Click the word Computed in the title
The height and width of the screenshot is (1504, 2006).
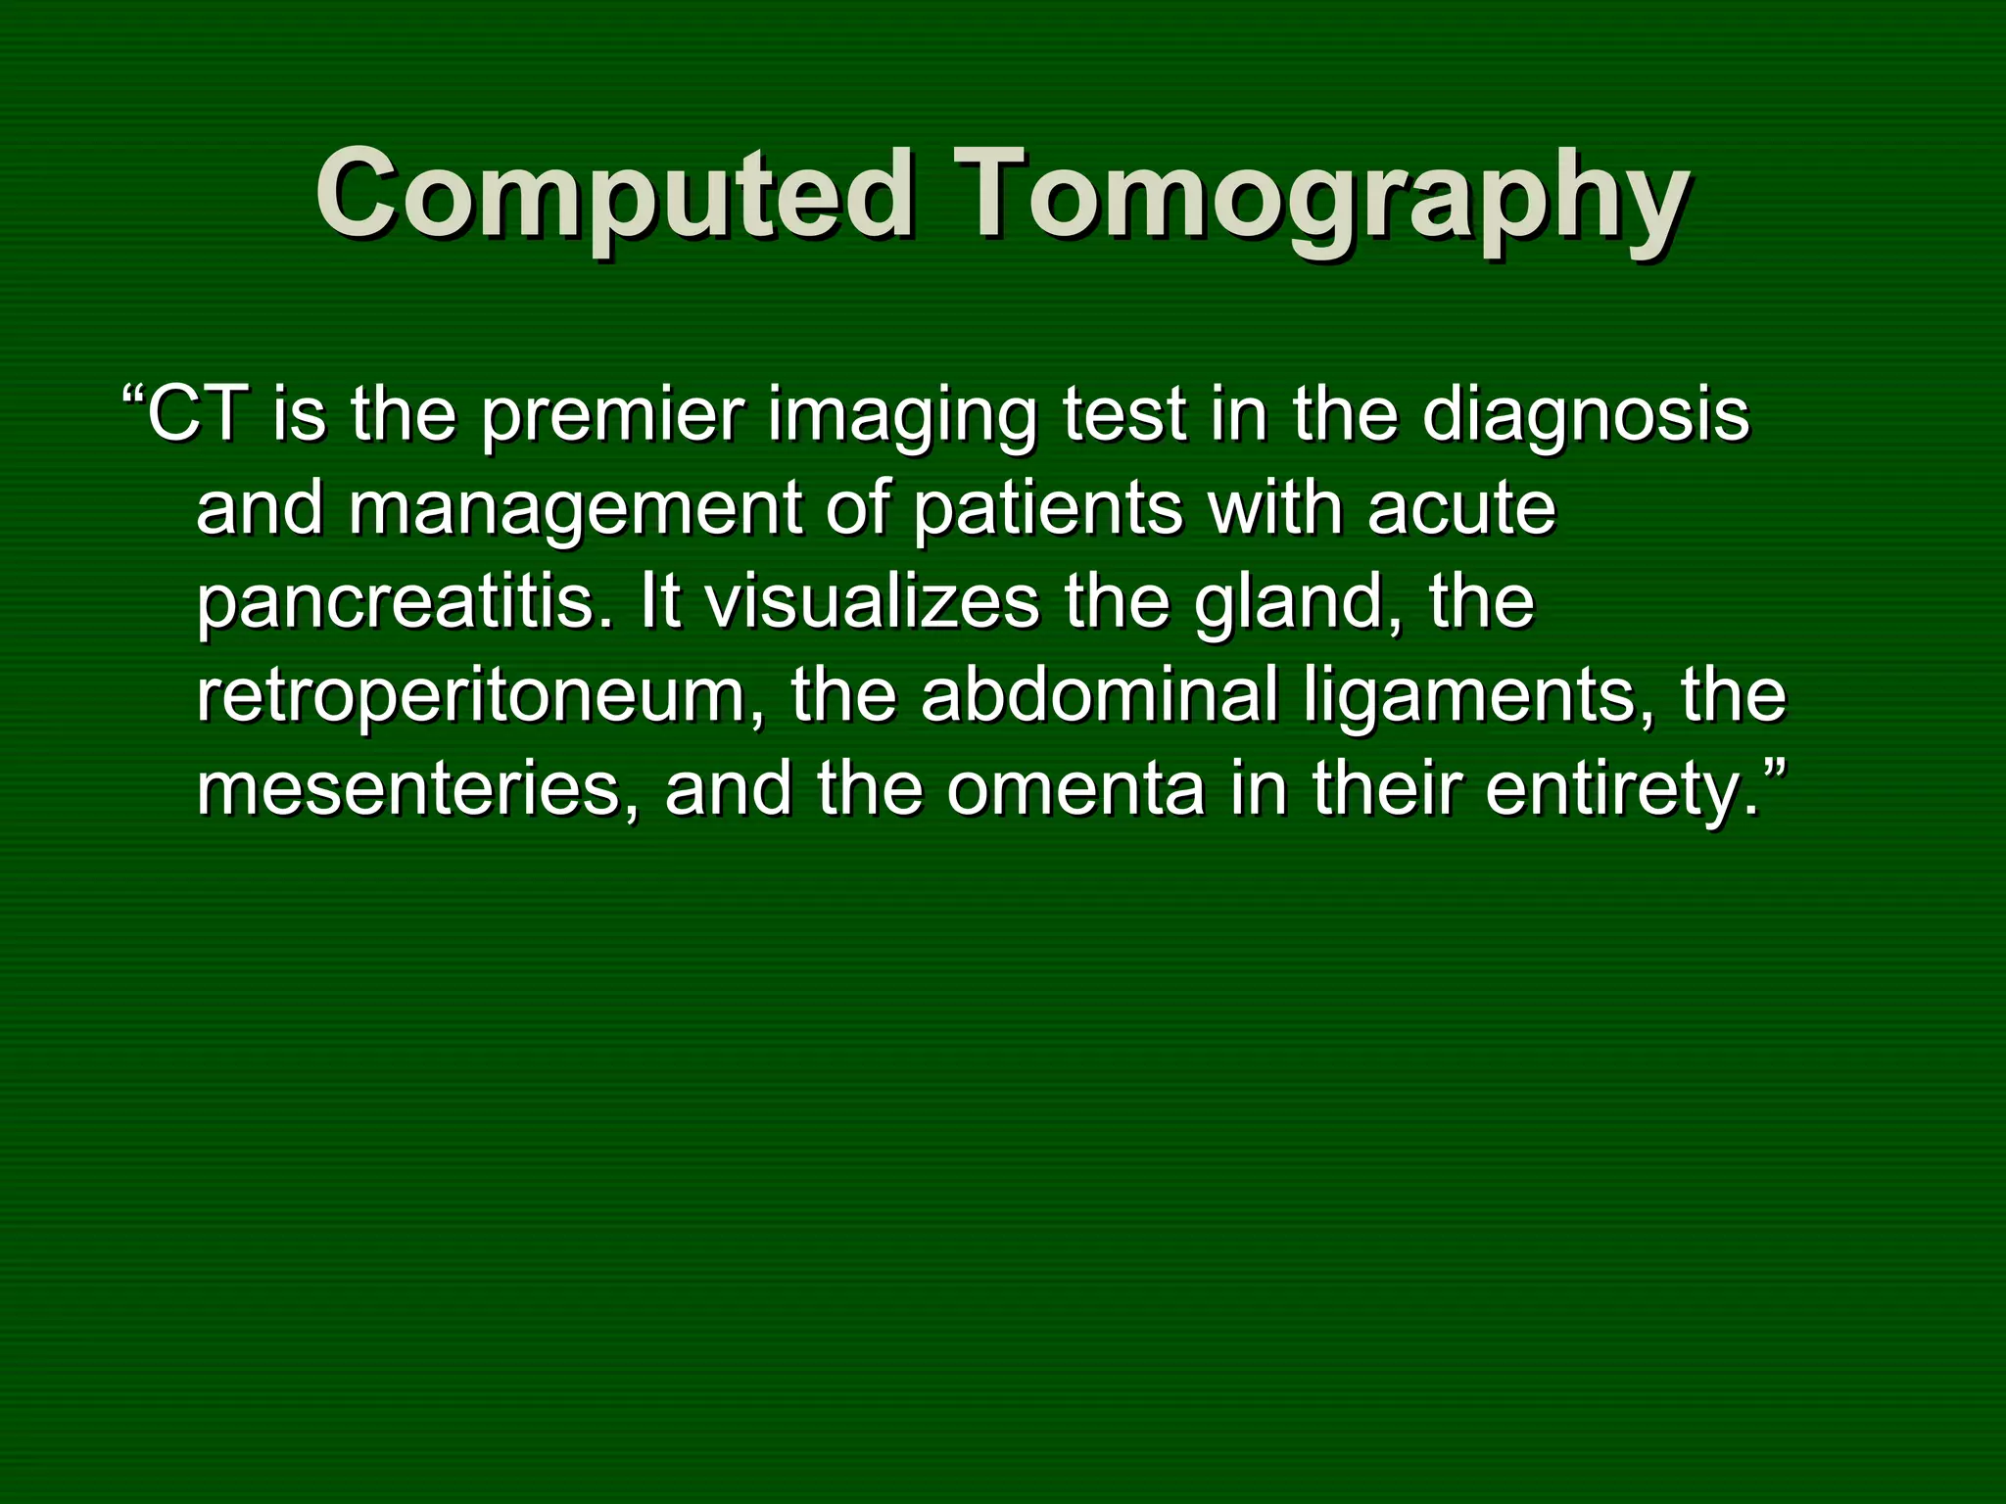(x=614, y=193)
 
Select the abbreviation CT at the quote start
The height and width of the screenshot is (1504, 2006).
(x=196, y=414)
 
